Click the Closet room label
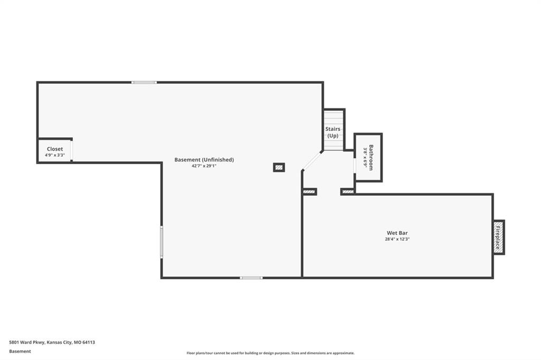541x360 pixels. pos(55,149)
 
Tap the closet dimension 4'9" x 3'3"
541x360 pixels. pos(55,155)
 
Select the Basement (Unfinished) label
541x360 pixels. pos(204,159)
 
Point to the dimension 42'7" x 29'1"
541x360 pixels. pos(204,166)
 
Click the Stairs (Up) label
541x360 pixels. pos(333,132)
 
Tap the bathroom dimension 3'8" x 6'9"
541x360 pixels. pos(365,158)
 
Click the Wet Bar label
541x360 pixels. pos(397,233)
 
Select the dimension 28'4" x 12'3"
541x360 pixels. pos(397,239)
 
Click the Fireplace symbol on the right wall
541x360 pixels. pos(499,237)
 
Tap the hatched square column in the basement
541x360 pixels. pos(279,167)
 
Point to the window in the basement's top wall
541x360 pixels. pos(144,82)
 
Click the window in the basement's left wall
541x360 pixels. pos(162,242)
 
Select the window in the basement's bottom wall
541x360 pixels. pos(251,278)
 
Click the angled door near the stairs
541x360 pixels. pos(312,160)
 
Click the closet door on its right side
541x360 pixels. pos(71,150)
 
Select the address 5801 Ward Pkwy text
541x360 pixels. pos(52,343)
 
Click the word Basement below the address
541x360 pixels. pos(20,352)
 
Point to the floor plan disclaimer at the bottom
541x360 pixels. pos(270,353)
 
